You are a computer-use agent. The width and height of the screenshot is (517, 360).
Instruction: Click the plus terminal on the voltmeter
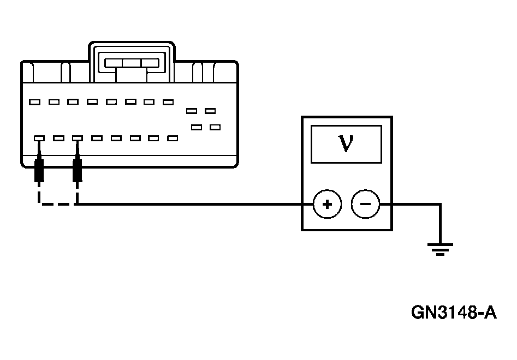tap(326, 205)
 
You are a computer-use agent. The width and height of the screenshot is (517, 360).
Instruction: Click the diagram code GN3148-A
tap(454, 313)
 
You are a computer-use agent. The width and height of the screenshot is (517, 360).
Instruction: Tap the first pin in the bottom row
tap(39, 139)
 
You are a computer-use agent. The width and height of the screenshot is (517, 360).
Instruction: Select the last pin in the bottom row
tap(173, 139)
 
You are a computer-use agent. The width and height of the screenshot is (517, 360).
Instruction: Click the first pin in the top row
tap(35, 101)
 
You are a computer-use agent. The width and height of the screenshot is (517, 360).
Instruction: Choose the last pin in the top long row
tap(168, 101)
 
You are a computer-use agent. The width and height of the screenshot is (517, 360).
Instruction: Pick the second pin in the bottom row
tap(58, 139)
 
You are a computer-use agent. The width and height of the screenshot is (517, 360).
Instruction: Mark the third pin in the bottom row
tap(78, 139)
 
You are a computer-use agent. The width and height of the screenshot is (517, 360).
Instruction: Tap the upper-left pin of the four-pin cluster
tap(191, 111)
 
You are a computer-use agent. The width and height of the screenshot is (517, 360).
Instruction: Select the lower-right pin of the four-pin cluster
tap(215, 127)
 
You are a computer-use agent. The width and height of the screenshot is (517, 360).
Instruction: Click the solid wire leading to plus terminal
tap(191, 205)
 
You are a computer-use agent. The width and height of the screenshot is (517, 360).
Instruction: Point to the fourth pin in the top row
tap(92, 101)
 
